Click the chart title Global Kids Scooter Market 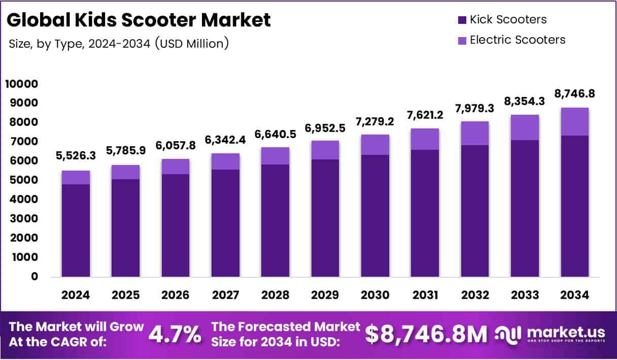(x=139, y=20)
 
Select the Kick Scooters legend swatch (x=461, y=20)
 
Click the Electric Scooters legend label (x=517, y=40)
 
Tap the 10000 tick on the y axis (x=21, y=84)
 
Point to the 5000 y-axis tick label (x=23, y=180)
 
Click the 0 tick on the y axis (x=34, y=277)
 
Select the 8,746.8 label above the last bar (x=575, y=94)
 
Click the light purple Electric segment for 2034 (x=575, y=121)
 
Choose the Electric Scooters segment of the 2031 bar (x=425, y=139)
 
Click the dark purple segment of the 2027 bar (x=225, y=223)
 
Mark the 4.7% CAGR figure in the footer (x=174, y=334)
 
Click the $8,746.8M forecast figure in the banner (x=426, y=334)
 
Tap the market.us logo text (x=566, y=333)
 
